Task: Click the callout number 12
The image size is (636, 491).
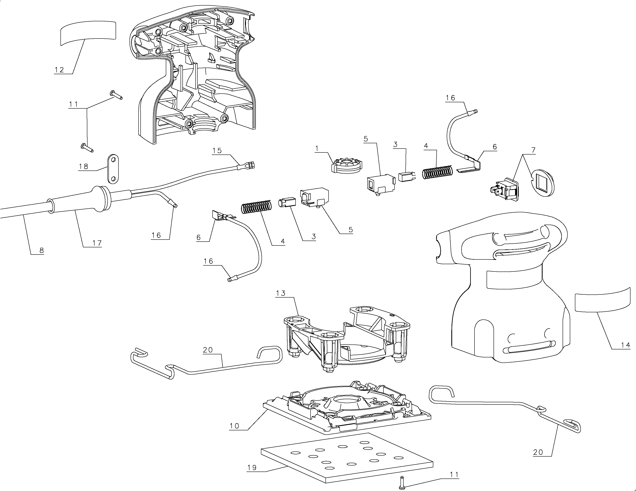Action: (x=59, y=70)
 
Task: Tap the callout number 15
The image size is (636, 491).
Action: (x=217, y=151)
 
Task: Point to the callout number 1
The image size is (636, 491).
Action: (x=317, y=149)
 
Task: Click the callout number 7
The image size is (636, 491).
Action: (x=533, y=150)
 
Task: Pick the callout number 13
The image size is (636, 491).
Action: (x=281, y=293)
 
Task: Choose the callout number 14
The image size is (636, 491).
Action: (x=625, y=345)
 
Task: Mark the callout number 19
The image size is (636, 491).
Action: (x=252, y=468)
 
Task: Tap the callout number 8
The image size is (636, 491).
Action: (x=41, y=250)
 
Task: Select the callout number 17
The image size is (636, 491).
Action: (x=97, y=243)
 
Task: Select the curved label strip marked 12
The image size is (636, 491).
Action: (x=88, y=33)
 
